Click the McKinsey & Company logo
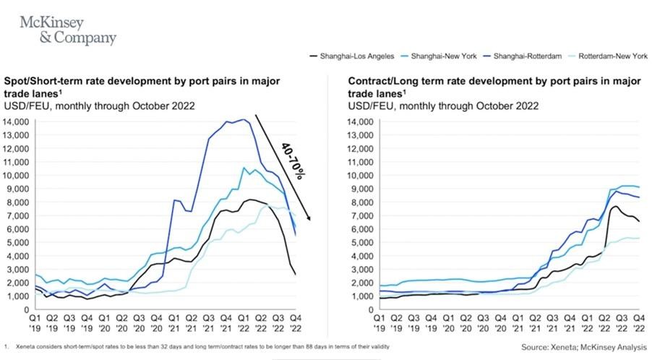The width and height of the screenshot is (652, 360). (x=68, y=30)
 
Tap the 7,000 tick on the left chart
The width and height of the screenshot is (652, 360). (x=18, y=215)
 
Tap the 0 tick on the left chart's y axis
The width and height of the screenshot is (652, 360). (x=26, y=308)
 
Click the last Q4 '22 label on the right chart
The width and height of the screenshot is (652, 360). (x=638, y=321)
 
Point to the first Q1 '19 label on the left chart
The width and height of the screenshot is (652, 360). (x=34, y=321)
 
